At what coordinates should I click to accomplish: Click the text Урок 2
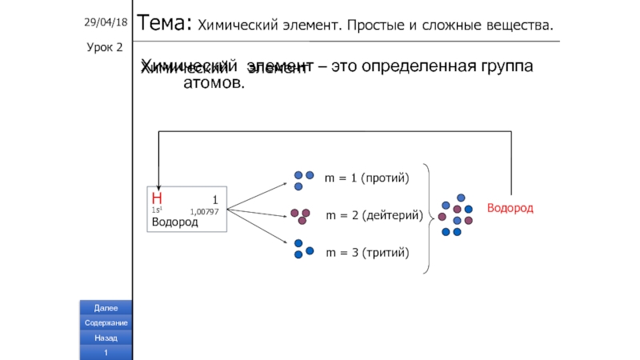(104, 47)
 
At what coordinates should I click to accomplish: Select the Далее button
(106, 308)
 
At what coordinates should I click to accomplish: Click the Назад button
(106, 338)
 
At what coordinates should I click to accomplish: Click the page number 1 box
(106, 353)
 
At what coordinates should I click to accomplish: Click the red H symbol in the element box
(157, 198)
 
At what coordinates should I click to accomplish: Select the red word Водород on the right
(510, 208)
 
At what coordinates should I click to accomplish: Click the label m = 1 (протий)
(366, 178)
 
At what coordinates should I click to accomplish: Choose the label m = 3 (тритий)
(367, 254)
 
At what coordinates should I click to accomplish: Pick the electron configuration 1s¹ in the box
(156, 210)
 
